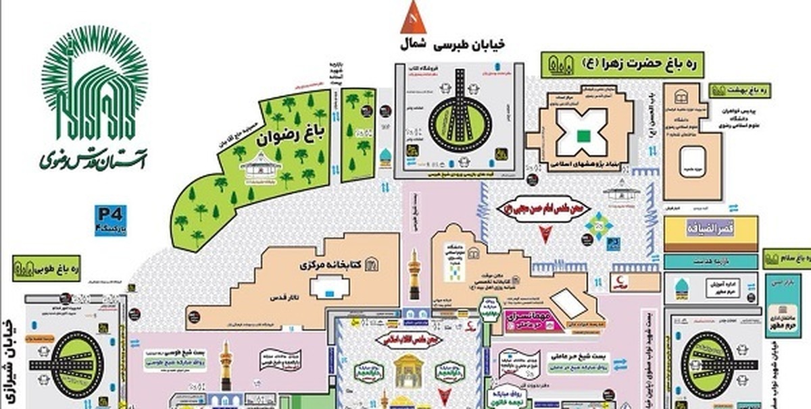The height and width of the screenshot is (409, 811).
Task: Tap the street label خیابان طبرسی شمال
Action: (449, 45)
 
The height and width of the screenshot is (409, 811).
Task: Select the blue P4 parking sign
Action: (110, 221)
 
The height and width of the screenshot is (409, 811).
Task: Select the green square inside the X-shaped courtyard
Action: (582, 134)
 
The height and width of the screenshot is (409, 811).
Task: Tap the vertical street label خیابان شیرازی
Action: (9, 351)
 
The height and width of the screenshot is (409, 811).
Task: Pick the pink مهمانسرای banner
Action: (537, 320)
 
